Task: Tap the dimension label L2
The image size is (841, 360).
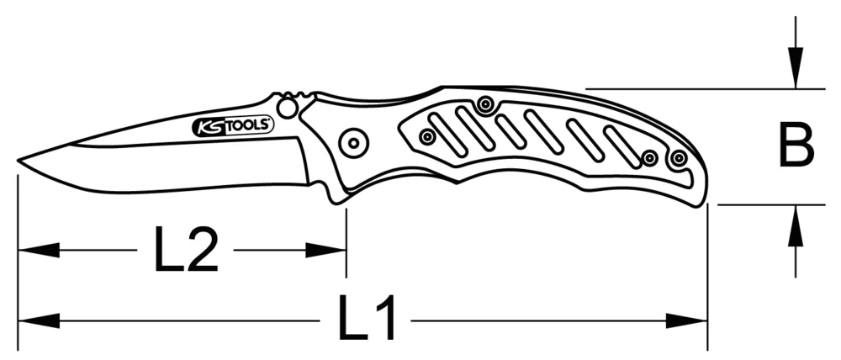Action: (x=186, y=249)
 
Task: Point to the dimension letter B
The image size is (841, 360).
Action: (x=795, y=146)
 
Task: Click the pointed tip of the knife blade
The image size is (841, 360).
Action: (x=19, y=161)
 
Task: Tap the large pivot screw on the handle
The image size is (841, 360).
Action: (x=353, y=142)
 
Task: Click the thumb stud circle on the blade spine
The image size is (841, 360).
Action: (x=288, y=107)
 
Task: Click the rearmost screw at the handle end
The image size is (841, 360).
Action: (x=679, y=157)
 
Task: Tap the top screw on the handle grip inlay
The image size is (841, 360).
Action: (x=484, y=104)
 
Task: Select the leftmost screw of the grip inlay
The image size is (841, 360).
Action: (x=428, y=135)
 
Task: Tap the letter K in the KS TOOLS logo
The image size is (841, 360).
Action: (x=203, y=126)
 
